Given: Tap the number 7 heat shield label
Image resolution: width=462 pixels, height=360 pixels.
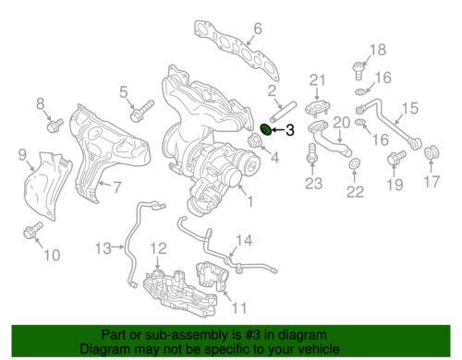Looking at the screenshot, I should point(116,186).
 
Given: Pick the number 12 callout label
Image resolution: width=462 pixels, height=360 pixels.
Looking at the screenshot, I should point(159,247).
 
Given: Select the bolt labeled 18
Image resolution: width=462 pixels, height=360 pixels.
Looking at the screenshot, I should point(357,66).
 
